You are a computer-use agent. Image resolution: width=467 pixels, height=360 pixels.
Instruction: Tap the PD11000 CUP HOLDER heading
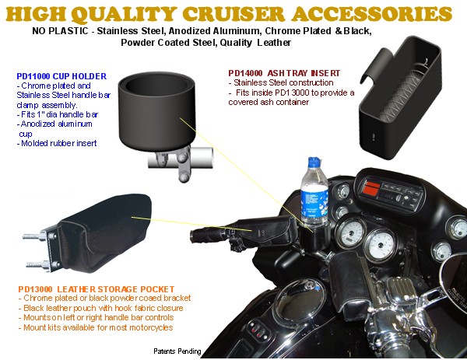point(61,76)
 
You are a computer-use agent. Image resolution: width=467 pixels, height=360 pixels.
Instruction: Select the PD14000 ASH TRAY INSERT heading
point(284,73)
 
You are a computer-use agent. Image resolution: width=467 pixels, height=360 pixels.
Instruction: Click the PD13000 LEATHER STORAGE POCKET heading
point(97,289)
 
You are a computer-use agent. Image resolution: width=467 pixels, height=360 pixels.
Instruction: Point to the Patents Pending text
point(177,351)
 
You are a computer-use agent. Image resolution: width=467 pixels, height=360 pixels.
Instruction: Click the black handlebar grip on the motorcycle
point(209,234)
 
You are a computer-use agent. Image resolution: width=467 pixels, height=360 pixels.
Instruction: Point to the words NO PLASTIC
point(60,31)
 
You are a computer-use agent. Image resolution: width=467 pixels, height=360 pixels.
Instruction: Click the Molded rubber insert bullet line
point(57,143)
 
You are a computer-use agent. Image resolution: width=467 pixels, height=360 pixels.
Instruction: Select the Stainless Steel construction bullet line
point(281,82)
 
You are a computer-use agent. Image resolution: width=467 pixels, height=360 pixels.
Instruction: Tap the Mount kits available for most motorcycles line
point(96,327)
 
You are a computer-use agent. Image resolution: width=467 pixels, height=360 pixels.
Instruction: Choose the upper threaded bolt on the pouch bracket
point(35,236)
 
